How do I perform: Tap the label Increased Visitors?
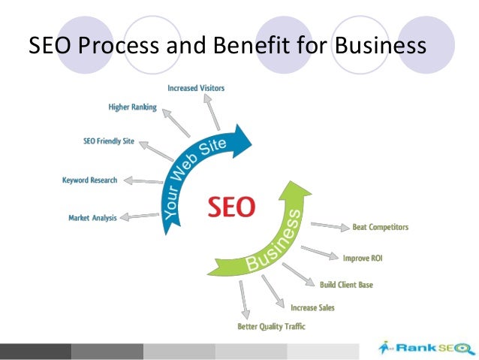[196, 89]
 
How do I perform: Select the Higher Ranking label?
[133, 107]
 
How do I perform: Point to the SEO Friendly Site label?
[109, 141]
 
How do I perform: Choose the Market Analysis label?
[93, 218]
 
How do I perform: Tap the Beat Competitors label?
[380, 226]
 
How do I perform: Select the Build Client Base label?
[346, 285]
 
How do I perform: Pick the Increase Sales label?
[312, 307]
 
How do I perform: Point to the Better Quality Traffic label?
[271, 326]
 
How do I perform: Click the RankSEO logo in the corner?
[426, 347]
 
